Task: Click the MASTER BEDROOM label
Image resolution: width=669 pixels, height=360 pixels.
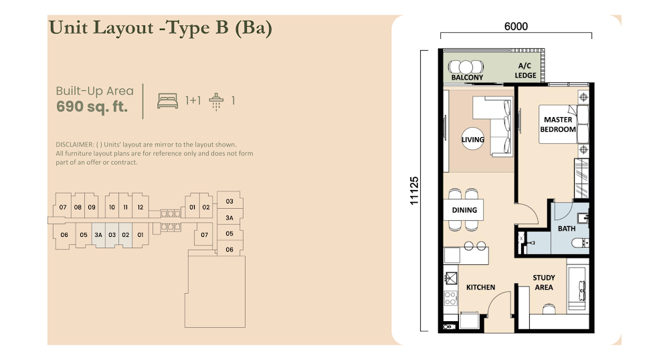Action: click(558, 124)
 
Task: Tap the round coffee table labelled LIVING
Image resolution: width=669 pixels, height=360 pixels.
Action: click(473, 139)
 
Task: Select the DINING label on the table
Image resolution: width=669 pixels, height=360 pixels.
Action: click(464, 210)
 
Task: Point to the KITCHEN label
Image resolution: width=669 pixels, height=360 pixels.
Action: click(480, 288)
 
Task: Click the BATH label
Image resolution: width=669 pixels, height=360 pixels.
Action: click(567, 229)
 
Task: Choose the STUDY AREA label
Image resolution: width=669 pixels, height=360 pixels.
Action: click(543, 282)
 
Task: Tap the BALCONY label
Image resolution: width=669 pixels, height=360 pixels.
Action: click(467, 77)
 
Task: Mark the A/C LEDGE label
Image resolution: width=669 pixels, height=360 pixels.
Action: click(525, 70)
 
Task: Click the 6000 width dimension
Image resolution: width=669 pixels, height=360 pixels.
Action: click(516, 27)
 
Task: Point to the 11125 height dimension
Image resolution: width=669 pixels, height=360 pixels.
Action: click(414, 191)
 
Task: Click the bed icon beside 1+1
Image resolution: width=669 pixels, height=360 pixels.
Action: click(168, 100)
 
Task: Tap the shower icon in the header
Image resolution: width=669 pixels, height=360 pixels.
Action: click(216, 102)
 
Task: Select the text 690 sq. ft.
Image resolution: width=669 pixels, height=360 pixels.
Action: click(92, 106)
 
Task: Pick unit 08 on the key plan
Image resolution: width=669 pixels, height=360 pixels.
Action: click(78, 207)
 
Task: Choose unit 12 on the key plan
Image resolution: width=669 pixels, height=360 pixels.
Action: click(140, 207)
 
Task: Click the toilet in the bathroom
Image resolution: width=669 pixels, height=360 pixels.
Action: click(580, 244)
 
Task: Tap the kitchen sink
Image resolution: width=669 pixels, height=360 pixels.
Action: click(450, 278)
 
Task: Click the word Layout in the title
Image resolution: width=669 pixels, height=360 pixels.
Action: click(123, 27)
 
